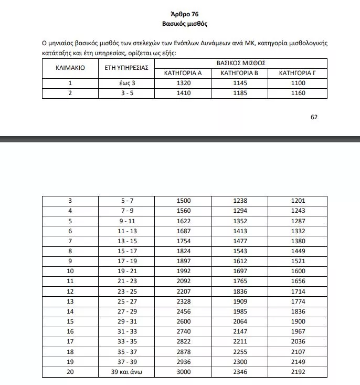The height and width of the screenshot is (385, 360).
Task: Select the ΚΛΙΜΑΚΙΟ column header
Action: tap(70, 68)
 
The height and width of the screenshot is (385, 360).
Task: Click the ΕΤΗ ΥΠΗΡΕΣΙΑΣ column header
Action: tap(126, 68)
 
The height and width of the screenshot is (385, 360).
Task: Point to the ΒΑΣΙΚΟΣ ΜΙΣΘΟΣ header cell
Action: tap(240, 63)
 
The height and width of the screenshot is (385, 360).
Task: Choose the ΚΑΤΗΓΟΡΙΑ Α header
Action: tap(183, 73)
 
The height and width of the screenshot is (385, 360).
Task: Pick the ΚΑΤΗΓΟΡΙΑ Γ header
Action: tap(297, 73)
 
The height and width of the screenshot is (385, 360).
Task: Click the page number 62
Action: tap(314, 117)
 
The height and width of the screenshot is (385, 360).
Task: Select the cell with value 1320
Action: tap(183, 83)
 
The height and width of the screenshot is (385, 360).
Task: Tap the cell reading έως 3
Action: tap(126, 83)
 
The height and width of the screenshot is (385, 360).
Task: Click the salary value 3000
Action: tap(183, 372)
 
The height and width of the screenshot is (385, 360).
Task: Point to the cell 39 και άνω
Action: tap(126, 372)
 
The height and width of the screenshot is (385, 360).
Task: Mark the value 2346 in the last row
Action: tap(240, 372)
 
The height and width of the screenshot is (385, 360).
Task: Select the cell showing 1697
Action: tap(240, 271)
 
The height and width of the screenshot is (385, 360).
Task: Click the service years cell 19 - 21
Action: tap(126, 271)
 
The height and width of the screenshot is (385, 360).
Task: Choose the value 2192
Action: tap(297, 372)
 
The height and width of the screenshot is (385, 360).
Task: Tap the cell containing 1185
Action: tap(240, 93)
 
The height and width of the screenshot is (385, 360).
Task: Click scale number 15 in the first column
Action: tap(70, 321)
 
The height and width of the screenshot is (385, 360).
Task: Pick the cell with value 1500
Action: tap(183, 201)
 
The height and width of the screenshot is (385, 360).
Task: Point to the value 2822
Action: tap(183, 341)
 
